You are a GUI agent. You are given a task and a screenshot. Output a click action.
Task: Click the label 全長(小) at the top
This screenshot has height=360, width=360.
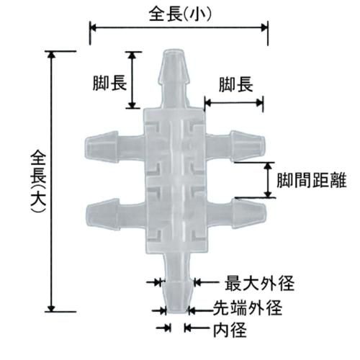point(180,15)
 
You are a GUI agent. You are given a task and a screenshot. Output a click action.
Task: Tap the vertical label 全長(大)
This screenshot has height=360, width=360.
point(38,181)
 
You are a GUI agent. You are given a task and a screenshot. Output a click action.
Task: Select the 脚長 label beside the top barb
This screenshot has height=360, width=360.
point(109,83)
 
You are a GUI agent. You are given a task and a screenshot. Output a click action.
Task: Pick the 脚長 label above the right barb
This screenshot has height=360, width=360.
point(236,84)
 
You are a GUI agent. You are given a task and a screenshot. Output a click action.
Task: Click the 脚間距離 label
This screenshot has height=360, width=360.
point(312,180)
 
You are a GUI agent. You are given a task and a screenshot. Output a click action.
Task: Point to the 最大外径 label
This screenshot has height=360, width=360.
point(259,283)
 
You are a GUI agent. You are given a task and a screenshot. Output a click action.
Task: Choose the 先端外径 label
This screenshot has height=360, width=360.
point(248,308)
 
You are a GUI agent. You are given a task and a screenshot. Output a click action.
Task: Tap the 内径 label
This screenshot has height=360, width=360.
point(230,330)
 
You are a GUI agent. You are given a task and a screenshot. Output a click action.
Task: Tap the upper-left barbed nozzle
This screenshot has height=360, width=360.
point(114,147)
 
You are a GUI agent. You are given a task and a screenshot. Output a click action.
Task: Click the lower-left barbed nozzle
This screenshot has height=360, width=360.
point(115,215)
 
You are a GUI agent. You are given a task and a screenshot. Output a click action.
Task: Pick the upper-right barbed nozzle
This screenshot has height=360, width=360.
point(235,146)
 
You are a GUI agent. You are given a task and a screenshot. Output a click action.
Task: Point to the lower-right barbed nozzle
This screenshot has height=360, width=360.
point(237,213)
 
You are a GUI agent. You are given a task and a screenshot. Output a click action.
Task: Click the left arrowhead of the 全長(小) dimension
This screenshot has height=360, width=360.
point(93,27)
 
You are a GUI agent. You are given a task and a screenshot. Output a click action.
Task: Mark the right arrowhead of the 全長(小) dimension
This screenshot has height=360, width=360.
point(264,27)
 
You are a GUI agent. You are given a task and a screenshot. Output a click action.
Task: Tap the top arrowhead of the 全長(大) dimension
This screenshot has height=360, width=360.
point(51,55)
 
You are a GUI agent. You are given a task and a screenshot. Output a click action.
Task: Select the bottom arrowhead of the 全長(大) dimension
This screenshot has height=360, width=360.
point(51,308)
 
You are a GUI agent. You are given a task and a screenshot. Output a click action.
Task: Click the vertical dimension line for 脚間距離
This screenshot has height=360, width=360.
point(269,180)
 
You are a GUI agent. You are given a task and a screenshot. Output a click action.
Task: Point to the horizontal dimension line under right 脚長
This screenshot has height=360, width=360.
point(234,103)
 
